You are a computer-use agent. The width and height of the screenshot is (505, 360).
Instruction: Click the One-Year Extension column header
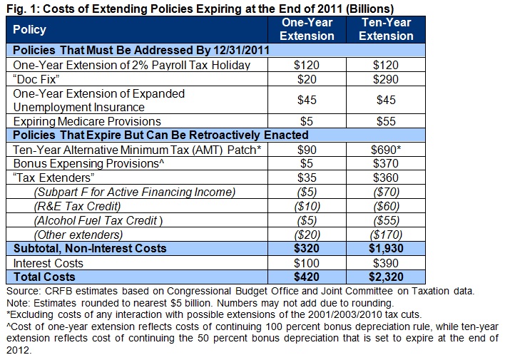click(307, 29)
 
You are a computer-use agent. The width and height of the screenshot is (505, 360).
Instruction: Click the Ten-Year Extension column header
click(386, 29)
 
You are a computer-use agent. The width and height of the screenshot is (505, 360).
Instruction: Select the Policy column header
click(30, 29)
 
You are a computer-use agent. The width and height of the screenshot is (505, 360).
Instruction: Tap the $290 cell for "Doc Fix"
click(386, 78)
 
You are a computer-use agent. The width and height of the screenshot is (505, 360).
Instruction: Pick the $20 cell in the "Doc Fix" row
click(307, 78)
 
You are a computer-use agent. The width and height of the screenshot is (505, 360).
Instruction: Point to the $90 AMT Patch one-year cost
click(307, 149)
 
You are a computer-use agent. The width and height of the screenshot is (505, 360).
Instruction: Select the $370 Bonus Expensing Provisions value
click(386, 163)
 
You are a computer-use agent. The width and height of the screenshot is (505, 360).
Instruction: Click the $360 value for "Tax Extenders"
click(386, 178)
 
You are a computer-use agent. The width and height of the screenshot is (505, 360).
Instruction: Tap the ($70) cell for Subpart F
click(386, 192)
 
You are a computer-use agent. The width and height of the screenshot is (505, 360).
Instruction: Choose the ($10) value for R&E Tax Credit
click(307, 206)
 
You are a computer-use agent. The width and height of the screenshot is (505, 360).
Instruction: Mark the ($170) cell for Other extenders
click(386, 234)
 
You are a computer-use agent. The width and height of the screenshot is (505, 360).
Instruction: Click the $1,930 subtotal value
click(386, 248)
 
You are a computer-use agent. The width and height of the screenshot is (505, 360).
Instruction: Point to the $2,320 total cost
click(386, 276)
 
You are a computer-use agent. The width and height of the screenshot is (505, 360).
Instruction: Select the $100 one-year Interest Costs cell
click(307, 262)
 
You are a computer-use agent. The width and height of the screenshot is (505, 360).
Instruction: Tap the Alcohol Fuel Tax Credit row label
click(98, 220)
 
